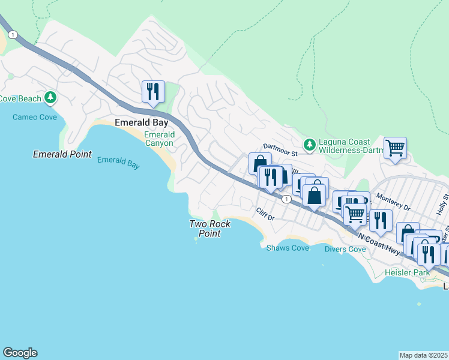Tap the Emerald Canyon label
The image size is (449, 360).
[x=159, y=139]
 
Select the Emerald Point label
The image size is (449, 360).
[x=62, y=155]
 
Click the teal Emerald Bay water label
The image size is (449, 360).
[x=118, y=163]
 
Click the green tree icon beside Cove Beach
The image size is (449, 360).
[x=52, y=97]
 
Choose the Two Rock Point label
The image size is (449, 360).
[x=210, y=229]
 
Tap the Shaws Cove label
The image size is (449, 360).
[x=288, y=248]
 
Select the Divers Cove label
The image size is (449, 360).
[x=345, y=249]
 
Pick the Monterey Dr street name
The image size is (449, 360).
[x=393, y=201]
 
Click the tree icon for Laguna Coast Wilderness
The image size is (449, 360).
[x=309, y=144]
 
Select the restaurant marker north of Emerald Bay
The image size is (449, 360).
[x=153, y=92]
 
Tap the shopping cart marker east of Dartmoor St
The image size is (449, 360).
[x=395, y=148]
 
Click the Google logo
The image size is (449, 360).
[x=20, y=353]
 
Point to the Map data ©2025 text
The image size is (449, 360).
[x=424, y=355]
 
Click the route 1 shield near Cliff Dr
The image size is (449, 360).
[x=288, y=199]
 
